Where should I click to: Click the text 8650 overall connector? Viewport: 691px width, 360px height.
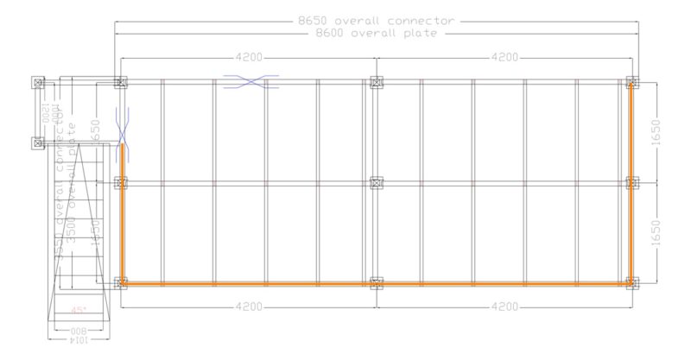coord(376,20)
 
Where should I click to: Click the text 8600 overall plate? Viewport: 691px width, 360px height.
coord(376,33)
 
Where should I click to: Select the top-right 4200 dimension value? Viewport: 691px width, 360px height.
coord(504,57)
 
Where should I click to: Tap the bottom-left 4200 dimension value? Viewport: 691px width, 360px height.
coord(249,306)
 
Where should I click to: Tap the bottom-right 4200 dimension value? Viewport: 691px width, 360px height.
coord(504,306)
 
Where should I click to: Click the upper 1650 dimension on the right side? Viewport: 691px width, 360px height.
coord(665,132)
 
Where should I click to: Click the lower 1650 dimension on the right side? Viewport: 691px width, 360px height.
coord(665,232)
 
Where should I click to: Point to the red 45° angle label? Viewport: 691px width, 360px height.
coord(79,310)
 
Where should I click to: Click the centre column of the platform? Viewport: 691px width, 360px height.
coord(376,183)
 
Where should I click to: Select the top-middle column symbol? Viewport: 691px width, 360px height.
coord(376,82)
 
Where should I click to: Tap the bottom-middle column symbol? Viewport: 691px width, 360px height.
coord(376,282)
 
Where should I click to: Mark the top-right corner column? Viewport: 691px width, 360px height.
coord(632,82)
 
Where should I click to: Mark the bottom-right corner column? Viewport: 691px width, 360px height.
coord(632,282)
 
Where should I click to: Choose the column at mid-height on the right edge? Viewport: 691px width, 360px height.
coord(632,183)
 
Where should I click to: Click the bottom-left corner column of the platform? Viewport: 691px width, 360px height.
coord(120,282)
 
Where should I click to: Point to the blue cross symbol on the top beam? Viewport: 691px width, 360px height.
coord(250,82)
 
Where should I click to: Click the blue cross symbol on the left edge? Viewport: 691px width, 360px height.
coord(122,128)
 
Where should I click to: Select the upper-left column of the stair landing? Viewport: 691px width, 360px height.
coord(37,82)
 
